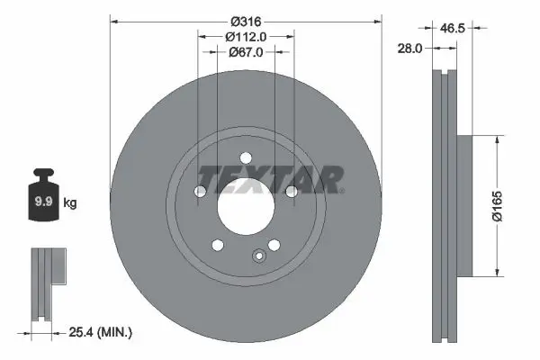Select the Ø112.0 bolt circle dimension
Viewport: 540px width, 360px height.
pyautogui.click(x=245, y=36)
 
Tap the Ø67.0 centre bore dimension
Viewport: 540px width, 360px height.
pyautogui.click(x=245, y=51)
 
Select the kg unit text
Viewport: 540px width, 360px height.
pyautogui.click(x=70, y=203)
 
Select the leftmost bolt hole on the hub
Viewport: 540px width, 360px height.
pyautogui.click(x=200, y=191)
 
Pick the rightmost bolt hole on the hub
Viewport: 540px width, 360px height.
pyautogui.click(x=291, y=191)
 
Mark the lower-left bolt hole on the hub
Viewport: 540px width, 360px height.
pyautogui.click(x=217, y=244)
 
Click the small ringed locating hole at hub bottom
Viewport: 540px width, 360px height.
pyautogui.click(x=259, y=255)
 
